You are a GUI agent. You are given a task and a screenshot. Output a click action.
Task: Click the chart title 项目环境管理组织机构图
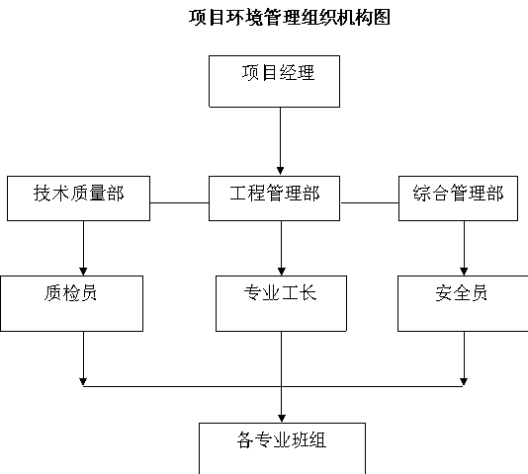coord(290,18)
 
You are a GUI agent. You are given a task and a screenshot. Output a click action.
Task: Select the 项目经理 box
coord(275,81)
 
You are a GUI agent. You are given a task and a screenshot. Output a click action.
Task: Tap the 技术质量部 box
coord(78,198)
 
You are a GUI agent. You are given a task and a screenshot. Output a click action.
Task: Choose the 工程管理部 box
coord(275,198)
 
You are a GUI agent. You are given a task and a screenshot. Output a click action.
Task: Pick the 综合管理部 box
coord(459,198)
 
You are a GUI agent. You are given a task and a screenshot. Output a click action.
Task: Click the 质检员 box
coord(72,303)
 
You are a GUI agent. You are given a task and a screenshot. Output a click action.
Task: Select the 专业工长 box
coord(281,303)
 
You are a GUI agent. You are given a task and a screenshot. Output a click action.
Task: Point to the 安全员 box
coord(463,303)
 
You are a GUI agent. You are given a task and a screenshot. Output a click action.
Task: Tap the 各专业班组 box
coord(282,448)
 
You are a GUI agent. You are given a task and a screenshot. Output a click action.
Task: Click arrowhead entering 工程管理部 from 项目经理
coord(280,171)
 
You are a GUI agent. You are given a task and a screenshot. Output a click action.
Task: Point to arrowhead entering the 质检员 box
coord(83,272)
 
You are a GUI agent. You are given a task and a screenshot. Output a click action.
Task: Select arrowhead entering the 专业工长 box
coord(282,272)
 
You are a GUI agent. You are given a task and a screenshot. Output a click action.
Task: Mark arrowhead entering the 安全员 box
coord(464,272)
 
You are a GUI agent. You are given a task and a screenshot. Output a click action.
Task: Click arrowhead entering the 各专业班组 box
coord(282,418)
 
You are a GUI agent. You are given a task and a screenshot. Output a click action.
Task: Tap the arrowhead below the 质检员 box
coord(83,382)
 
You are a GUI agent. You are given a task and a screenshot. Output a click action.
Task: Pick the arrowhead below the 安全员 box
coord(464,382)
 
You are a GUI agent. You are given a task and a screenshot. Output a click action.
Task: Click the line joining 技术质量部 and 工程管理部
coord(180,202)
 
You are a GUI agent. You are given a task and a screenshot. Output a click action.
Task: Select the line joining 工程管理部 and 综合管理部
coord(370,202)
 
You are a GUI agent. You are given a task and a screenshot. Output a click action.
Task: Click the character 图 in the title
coord(382,18)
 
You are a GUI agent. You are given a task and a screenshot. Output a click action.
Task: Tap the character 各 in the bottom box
coord(245,439)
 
